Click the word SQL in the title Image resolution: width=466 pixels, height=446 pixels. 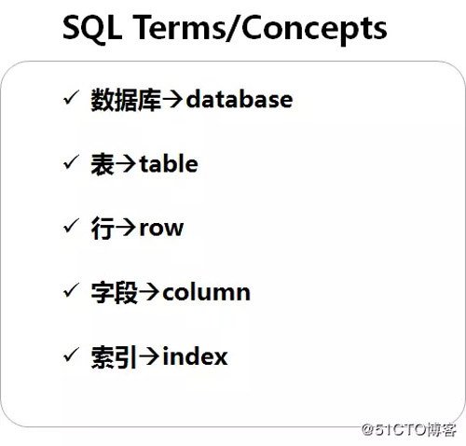92,28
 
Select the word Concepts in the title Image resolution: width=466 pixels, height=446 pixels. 314,30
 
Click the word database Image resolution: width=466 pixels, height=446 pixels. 240,100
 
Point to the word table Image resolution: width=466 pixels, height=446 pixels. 169,163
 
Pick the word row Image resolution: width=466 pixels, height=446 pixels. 161,229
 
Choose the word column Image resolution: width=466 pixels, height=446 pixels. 206,292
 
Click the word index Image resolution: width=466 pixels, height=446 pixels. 195,355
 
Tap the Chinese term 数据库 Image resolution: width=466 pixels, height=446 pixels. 126,100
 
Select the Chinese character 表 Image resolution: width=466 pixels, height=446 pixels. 103,164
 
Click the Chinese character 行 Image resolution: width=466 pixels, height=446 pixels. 103,229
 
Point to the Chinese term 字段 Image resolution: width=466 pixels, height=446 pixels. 114,293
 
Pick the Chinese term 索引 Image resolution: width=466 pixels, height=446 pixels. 114,357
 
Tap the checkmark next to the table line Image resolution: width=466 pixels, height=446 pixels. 71,161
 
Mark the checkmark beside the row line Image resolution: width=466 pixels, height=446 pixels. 71,226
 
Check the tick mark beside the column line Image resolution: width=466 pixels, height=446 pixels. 71,290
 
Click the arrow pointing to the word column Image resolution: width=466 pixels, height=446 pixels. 150,292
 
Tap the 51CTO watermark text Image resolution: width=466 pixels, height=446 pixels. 409,429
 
